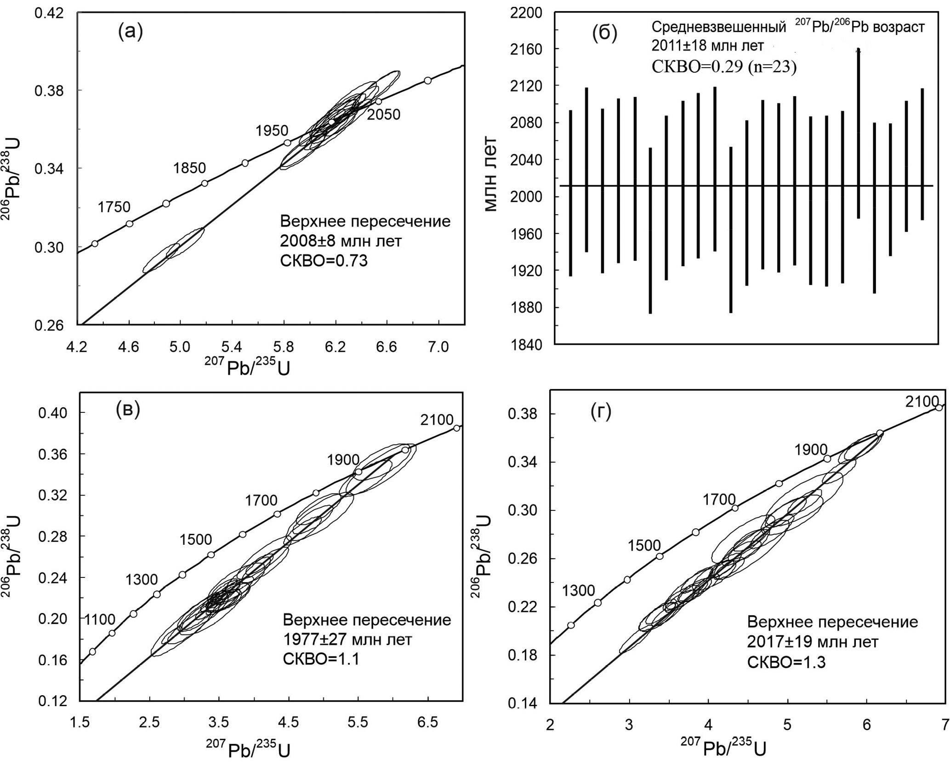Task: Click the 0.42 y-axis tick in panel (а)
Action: click(x=50, y=13)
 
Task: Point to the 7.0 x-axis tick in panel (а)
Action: click(x=439, y=347)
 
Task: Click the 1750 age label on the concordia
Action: click(x=114, y=207)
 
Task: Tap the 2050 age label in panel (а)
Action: click(x=383, y=114)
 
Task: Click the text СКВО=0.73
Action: click(x=324, y=261)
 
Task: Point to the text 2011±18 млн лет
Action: click(x=708, y=46)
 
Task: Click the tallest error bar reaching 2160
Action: click(x=858, y=133)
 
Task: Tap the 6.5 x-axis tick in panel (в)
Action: click(x=428, y=723)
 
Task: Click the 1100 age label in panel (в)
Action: click(x=100, y=619)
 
